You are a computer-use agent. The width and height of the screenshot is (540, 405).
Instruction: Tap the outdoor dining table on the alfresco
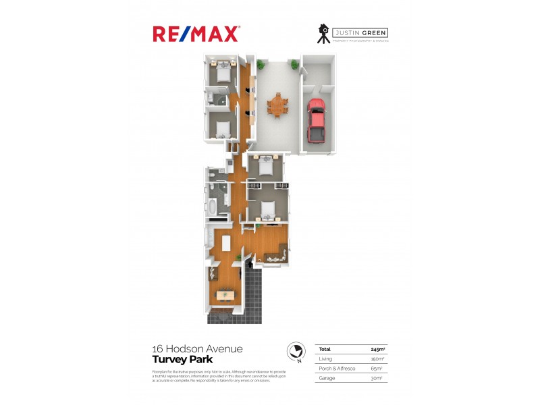pyautogui.click(x=277, y=106)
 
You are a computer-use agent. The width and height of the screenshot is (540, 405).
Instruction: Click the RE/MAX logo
pyautogui.click(x=196, y=34)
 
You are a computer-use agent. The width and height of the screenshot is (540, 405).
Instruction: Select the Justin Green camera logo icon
pyautogui.click(x=324, y=34)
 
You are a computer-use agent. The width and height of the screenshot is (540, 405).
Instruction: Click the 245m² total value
pyautogui.click(x=378, y=349)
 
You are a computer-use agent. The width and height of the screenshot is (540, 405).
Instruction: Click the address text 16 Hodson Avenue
pyautogui.click(x=197, y=349)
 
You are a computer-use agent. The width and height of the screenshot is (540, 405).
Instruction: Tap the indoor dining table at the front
pyautogui.click(x=224, y=294)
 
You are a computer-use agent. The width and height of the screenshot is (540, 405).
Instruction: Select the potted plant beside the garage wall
pyautogui.click(x=295, y=65)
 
